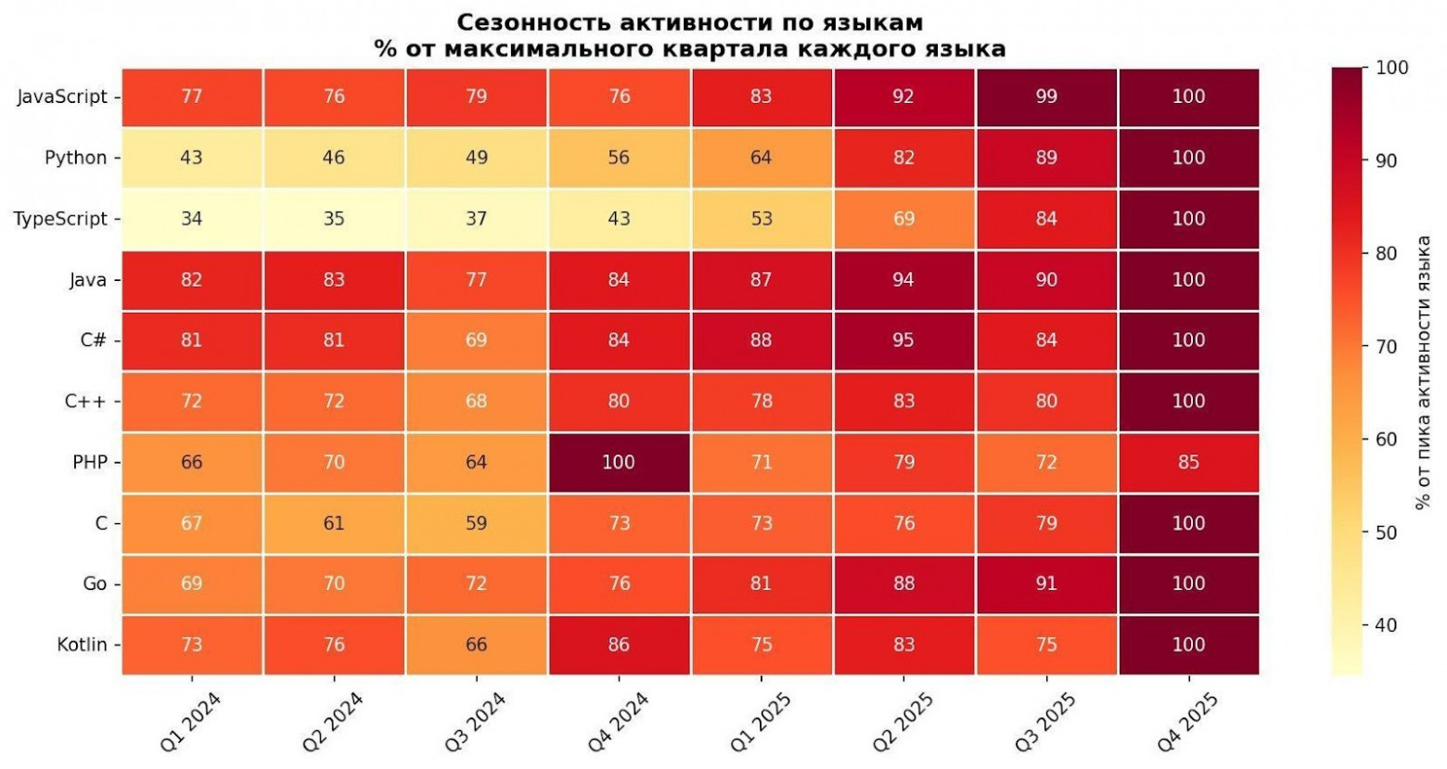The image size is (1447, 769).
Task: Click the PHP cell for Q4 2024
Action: point(619,462)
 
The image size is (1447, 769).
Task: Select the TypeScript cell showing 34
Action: point(191,219)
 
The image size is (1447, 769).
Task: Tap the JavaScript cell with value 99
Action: point(1046,96)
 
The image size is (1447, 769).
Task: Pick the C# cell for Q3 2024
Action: point(476,340)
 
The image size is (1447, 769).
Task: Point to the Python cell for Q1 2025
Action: point(761,158)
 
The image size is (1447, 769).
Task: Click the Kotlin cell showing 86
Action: point(619,645)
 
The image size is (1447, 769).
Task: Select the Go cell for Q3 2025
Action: point(1046,583)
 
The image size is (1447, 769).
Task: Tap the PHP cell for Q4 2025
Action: point(1188,462)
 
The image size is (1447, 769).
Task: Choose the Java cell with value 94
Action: point(903,279)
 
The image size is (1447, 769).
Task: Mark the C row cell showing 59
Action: point(476,523)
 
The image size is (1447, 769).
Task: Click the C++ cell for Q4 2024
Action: point(619,401)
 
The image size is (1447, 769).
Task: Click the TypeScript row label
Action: point(60,219)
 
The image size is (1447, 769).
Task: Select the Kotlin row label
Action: point(82,645)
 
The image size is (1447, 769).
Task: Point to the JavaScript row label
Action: point(62,96)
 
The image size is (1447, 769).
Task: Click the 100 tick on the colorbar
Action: point(1391,68)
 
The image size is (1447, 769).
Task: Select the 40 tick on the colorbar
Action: point(1386,625)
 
